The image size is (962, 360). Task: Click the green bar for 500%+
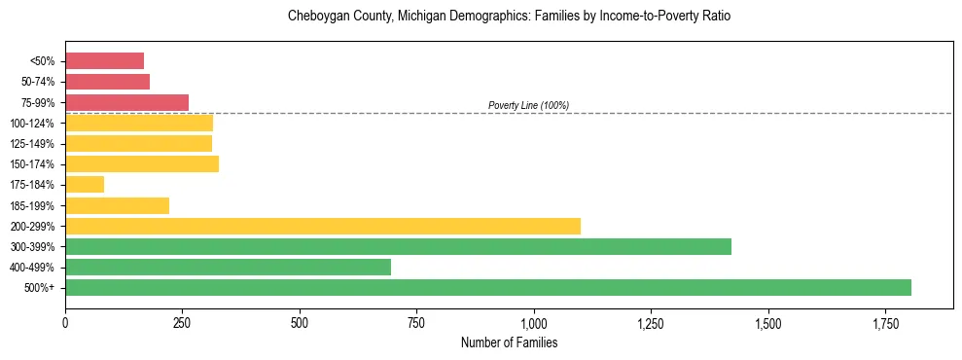[487, 287]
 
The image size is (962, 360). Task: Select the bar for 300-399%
[398, 246]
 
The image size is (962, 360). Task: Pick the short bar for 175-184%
[85, 184]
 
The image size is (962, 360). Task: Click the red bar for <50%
[104, 61]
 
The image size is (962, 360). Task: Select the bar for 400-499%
[228, 267]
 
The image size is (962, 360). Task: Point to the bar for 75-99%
[126, 102]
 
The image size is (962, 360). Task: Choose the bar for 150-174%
[142, 163]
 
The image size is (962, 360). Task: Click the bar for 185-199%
[117, 205]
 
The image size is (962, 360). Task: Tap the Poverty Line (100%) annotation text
[528, 105]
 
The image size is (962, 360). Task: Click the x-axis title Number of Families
[509, 342]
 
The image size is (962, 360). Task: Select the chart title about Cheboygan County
[509, 17]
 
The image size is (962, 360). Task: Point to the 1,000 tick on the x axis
[534, 321]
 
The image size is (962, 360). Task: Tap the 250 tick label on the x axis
[182, 321]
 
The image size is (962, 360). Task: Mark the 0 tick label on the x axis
[65, 321]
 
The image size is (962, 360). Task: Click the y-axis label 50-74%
[37, 82]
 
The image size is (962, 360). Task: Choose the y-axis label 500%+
[39, 287]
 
